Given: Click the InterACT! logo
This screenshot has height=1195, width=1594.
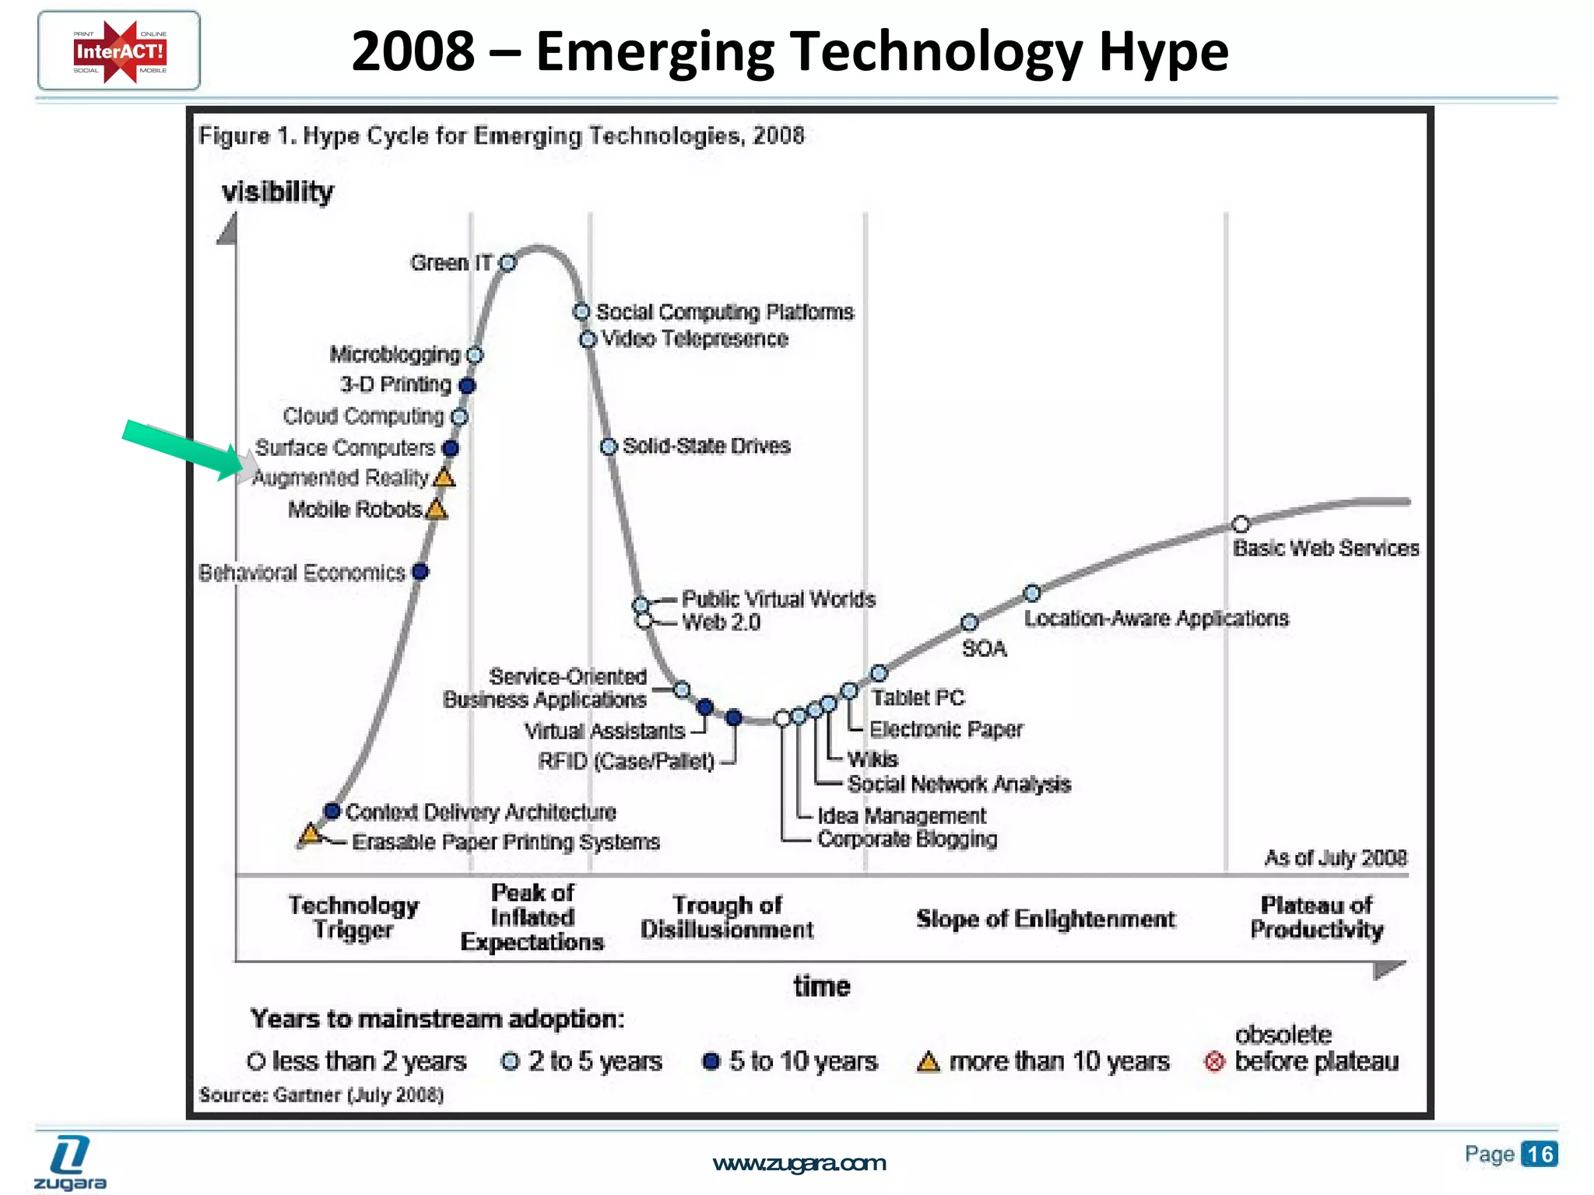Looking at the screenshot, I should pyautogui.click(x=119, y=51).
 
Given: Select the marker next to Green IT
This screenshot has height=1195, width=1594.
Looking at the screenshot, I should pyautogui.click(x=507, y=263).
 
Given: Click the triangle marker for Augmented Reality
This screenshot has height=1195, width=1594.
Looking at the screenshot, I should pyautogui.click(x=444, y=478).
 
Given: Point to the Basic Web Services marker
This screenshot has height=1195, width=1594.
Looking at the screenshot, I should pyautogui.click(x=1241, y=524).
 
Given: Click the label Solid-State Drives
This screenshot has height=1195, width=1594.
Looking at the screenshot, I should pyautogui.click(x=706, y=446).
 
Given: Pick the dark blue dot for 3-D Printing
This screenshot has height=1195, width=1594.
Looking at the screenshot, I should pyautogui.click(x=467, y=385).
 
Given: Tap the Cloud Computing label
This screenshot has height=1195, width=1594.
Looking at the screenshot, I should pyautogui.click(x=363, y=416).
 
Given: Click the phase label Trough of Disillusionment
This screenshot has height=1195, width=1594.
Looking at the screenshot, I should pyautogui.click(x=726, y=917).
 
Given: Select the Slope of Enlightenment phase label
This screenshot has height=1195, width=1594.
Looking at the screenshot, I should pyautogui.click(x=1045, y=919).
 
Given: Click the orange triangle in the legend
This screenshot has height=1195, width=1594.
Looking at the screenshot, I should pyautogui.click(x=928, y=1062).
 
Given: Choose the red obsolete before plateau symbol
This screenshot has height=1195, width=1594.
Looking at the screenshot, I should pyautogui.click(x=1214, y=1062).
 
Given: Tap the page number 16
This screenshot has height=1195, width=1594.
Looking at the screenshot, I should pyautogui.click(x=1540, y=1154).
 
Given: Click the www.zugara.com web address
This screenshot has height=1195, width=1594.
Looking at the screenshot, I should pyautogui.click(x=799, y=1163).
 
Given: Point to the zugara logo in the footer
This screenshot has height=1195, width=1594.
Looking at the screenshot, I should pyautogui.click(x=70, y=1163).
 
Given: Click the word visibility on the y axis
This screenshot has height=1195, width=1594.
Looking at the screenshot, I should pyautogui.click(x=278, y=191).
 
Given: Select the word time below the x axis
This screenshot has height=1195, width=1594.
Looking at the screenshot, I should pyautogui.click(x=822, y=986).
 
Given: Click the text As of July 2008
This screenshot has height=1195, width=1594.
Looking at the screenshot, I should pyautogui.click(x=1336, y=857).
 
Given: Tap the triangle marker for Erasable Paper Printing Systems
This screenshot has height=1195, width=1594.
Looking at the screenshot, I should pyautogui.click(x=311, y=834).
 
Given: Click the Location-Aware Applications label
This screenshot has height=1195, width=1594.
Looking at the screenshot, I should pyautogui.click(x=1156, y=619).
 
